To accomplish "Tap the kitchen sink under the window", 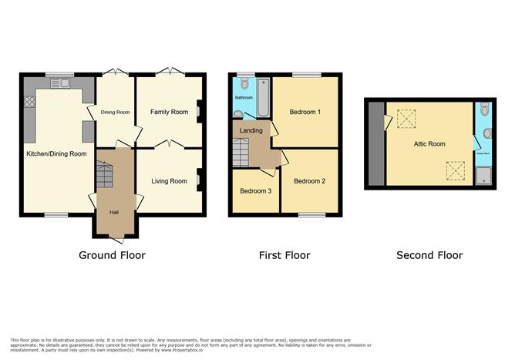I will pos(59,82).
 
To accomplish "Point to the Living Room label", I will pos(168,182).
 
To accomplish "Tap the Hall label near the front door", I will pos(113,212).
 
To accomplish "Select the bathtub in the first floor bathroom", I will pos(261,98).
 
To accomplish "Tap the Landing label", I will pos(251,131).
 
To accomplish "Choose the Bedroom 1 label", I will pos(305,113).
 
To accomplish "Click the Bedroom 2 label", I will pos(309,182).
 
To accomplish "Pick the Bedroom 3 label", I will pos(255,191).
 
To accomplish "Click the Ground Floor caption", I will pos(113,255).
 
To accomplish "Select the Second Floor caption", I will pos(429,255).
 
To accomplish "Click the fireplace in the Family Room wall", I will pos(200,113).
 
